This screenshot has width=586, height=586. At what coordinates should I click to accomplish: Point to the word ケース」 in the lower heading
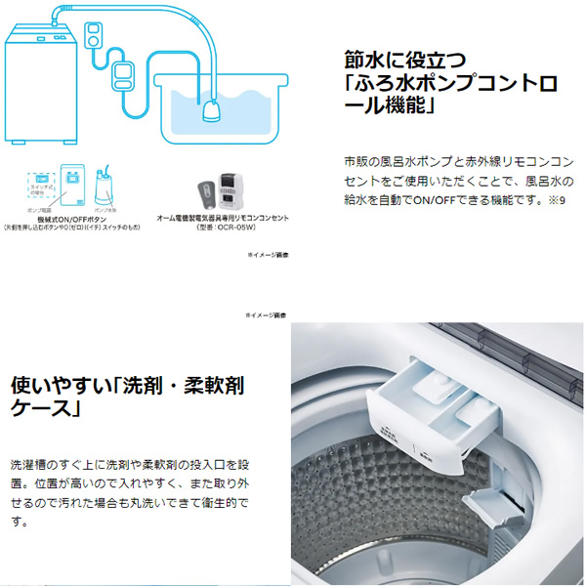click(44, 407)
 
